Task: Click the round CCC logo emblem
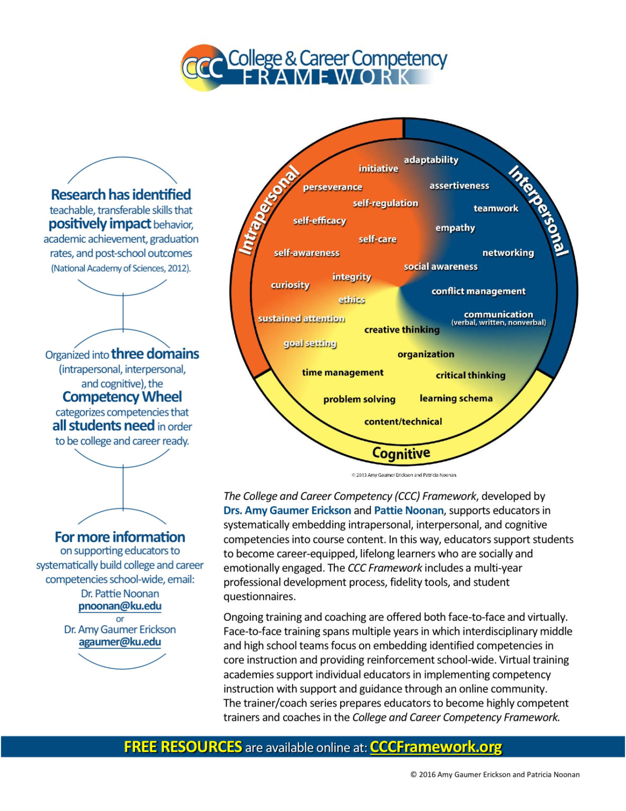coord(204,67)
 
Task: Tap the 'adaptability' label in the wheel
coord(431,160)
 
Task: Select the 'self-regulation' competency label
coord(385,203)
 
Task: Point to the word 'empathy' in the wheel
coord(455,228)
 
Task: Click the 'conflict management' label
coord(478,291)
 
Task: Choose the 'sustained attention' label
coord(301,318)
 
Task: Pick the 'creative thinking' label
coord(401,330)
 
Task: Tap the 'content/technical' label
coord(403,422)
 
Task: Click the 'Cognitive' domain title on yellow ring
coord(401,453)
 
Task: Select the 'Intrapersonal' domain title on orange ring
coord(268,210)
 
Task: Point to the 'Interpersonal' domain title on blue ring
coord(539,210)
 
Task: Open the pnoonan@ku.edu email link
coord(120,606)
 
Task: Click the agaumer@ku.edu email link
coord(120,642)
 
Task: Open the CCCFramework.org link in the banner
coord(436,747)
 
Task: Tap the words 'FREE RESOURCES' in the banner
coord(182,747)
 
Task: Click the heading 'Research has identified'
coord(121,195)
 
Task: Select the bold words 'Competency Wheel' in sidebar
coord(122,397)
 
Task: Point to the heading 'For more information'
coord(120,537)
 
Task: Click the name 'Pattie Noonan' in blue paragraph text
coord(408,511)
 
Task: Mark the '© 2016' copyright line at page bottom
coord(495,775)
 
